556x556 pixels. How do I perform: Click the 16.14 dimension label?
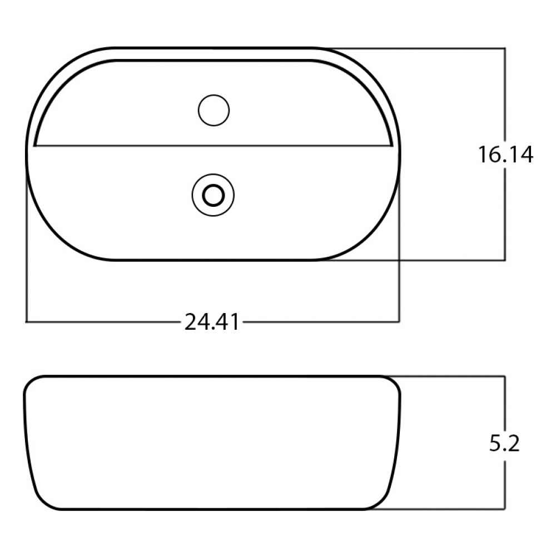(505, 155)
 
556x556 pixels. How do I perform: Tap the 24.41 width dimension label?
(212, 322)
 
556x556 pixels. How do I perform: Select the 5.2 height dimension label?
(505, 443)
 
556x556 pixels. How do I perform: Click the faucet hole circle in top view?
(214, 110)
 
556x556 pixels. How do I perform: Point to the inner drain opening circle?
(213, 195)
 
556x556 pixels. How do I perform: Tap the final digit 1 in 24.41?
(235, 322)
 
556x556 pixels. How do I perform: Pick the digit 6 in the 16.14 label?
(493, 155)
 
